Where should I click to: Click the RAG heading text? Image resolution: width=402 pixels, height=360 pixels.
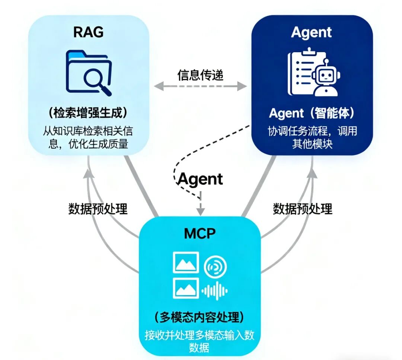[x=88, y=32]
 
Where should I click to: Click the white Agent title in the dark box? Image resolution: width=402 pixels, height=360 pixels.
[x=312, y=32]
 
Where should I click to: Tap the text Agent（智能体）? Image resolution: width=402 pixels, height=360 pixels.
[x=311, y=113]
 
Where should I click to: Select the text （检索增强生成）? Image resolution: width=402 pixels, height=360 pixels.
[x=88, y=113]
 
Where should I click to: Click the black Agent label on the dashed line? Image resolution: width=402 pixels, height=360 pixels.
[x=200, y=179]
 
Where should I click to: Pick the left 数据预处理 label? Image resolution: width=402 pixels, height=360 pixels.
[x=98, y=209]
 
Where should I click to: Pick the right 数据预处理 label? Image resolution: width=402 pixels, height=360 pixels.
[x=303, y=209]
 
